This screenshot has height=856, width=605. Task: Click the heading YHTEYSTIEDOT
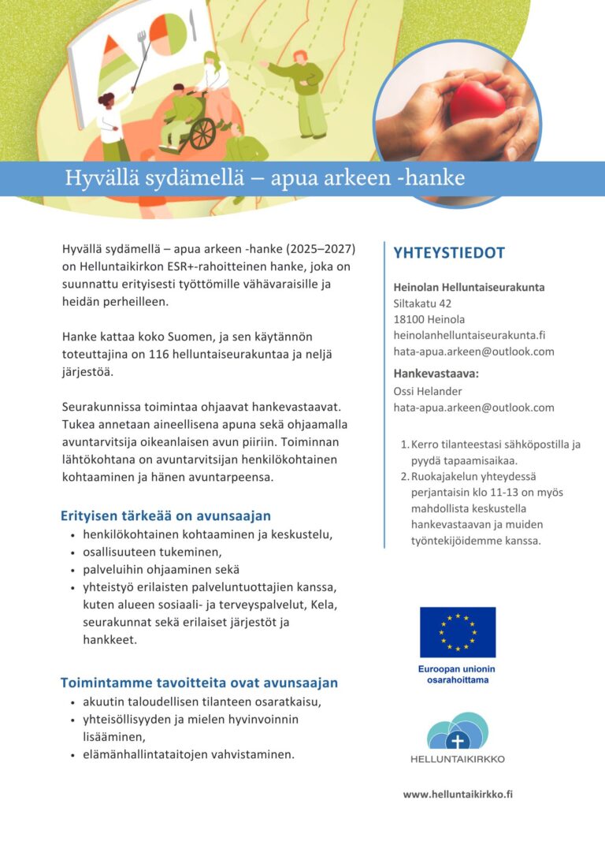click(449, 253)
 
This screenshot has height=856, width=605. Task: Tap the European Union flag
click(457, 632)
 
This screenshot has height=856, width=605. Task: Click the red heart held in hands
click(477, 102)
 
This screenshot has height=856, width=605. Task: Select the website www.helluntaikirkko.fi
click(458, 795)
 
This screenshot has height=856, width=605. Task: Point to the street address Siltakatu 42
click(422, 303)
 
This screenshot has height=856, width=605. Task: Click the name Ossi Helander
click(428, 391)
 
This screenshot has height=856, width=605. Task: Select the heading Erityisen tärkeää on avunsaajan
click(165, 516)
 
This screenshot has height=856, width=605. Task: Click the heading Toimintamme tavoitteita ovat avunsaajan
click(199, 683)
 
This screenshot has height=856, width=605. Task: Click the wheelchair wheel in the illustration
click(202, 134)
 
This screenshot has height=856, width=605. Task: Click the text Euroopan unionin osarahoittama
click(457, 675)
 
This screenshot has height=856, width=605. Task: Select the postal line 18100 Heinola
click(429, 319)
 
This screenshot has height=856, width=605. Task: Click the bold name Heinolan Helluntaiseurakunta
click(469, 287)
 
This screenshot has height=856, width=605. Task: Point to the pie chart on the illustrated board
click(168, 33)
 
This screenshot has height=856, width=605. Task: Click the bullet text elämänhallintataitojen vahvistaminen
click(188, 754)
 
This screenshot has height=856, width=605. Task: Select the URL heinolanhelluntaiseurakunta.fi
click(470, 335)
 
